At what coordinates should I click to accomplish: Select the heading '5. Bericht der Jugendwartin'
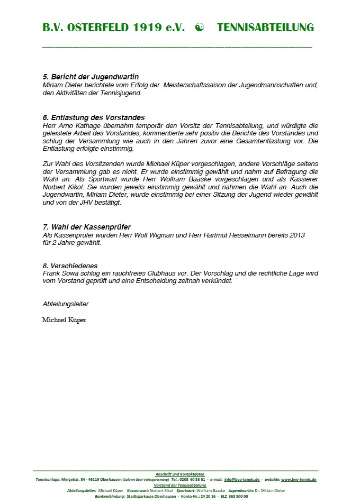tap(91, 77)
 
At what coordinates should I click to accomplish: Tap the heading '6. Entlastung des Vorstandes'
tap(94, 117)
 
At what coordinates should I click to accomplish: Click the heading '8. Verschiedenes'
tap(70, 266)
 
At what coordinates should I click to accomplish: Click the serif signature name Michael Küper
tap(64, 321)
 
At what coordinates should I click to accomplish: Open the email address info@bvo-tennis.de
tap(242, 480)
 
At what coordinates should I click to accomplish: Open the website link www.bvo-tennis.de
tap(299, 480)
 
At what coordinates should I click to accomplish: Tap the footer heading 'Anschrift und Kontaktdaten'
tap(180, 474)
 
